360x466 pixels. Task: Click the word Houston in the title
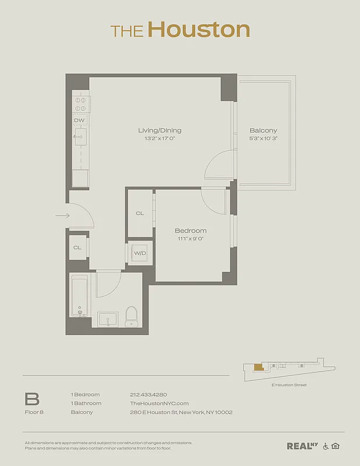coord(198,30)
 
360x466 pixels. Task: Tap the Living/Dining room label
coord(160,130)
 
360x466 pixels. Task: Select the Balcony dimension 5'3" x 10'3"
coord(263,139)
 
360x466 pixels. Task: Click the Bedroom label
coord(190,231)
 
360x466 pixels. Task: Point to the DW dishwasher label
coord(79,120)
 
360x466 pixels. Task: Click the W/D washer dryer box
coord(140,253)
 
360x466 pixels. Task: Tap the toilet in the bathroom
coord(132,316)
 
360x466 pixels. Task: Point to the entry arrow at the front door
coord(62,216)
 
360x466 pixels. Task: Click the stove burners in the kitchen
coord(80,104)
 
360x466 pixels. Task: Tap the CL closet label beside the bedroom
coord(140,214)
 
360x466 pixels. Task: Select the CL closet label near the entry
coord(77,248)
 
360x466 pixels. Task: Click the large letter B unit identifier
coord(32,399)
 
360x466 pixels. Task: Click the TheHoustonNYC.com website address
coord(159,403)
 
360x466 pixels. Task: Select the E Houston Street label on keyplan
coord(289,385)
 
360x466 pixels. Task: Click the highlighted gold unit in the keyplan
coord(258,367)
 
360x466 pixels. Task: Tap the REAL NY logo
coord(302,446)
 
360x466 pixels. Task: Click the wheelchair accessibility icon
coord(326,446)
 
